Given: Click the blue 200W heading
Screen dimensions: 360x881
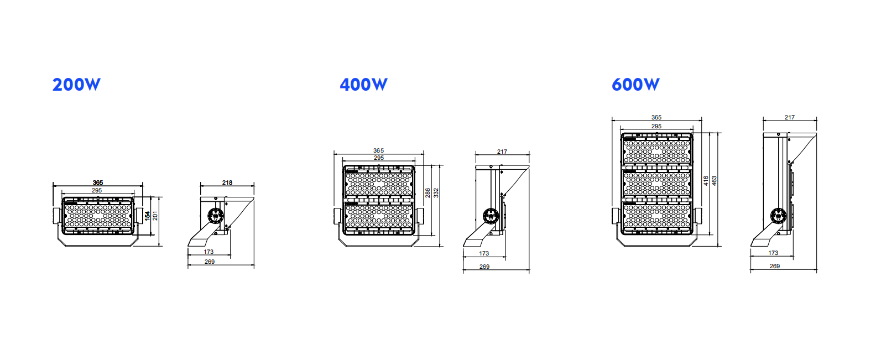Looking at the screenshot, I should pos(76,85).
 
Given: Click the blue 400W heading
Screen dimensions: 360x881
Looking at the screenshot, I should pos(363,85).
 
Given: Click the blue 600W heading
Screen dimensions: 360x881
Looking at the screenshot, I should pos(635,85).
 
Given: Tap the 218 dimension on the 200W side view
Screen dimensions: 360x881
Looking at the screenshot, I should pos(227,182).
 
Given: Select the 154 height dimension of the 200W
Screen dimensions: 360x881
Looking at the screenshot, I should pos(148,216).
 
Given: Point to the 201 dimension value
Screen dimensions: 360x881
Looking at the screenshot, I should pos(155,216).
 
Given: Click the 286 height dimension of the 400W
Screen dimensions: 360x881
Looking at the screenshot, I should pos(428,193).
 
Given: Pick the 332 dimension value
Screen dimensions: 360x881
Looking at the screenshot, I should pos(436,193).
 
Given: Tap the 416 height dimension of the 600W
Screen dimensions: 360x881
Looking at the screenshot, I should pos(706,181).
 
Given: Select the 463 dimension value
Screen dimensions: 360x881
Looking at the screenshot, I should pos(714,181).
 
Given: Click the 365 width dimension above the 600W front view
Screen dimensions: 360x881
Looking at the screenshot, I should pos(656,117).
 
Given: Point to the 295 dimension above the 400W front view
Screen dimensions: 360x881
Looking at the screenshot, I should pos(378,158).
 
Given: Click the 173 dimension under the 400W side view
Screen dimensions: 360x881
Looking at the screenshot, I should pos(484,253).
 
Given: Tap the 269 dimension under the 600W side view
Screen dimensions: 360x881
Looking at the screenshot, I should pos(775,266).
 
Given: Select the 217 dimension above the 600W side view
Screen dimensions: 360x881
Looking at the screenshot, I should pos(790,117).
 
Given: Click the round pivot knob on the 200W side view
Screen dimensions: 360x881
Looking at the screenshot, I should pos(215,216).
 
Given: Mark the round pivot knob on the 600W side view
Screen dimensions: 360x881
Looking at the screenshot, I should pos(778,215).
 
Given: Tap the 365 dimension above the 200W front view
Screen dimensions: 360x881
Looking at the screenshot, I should pos(98,182).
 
